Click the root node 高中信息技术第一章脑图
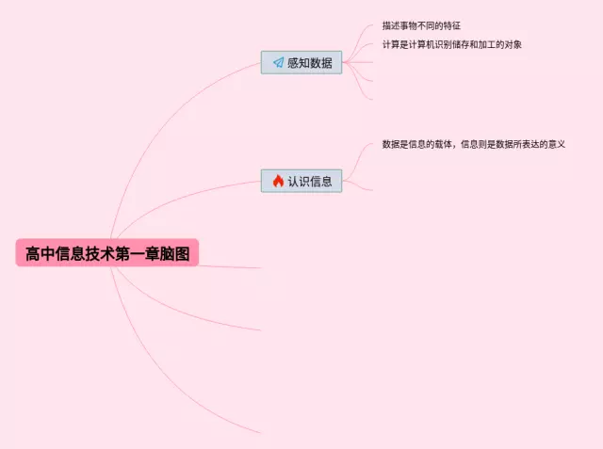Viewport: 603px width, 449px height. [x=106, y=252]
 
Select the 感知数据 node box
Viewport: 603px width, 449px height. [x=301, y=63]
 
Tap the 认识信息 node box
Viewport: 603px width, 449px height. [x=301, y=181]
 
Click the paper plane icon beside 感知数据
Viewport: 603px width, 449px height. [x=278, y=63]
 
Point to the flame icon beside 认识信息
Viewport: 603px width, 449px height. [x=278, y=181]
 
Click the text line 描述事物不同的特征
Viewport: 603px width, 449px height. [x=421, y=25]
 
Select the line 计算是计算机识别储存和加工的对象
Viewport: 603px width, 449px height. [x=451, y=44]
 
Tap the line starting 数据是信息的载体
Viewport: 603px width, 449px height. [x=473, y=144]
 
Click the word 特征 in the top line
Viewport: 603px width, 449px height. [x=451, y=25]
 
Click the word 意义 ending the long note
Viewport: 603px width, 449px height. [x=555, y=144]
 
